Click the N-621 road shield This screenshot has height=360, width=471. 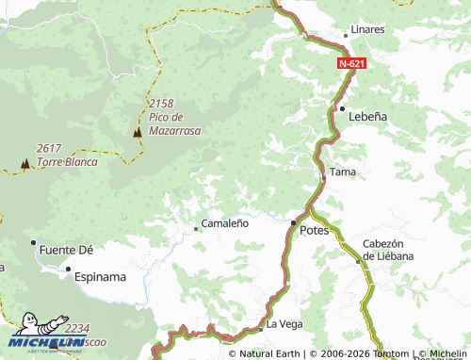(350, 63)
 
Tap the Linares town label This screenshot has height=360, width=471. (367, 29)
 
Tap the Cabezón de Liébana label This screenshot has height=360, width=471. (389, 250)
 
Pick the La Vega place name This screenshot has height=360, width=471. (284, 324)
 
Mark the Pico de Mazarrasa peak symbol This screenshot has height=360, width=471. (138, 133)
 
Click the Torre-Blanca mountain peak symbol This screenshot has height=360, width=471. (24, 164)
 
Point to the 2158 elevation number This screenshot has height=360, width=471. (161, 103)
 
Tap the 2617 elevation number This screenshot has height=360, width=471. (49, 148)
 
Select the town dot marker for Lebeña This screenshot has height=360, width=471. (342, 108)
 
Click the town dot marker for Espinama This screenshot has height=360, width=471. (68, 270)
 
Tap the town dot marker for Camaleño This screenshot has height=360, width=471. (196, 227)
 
